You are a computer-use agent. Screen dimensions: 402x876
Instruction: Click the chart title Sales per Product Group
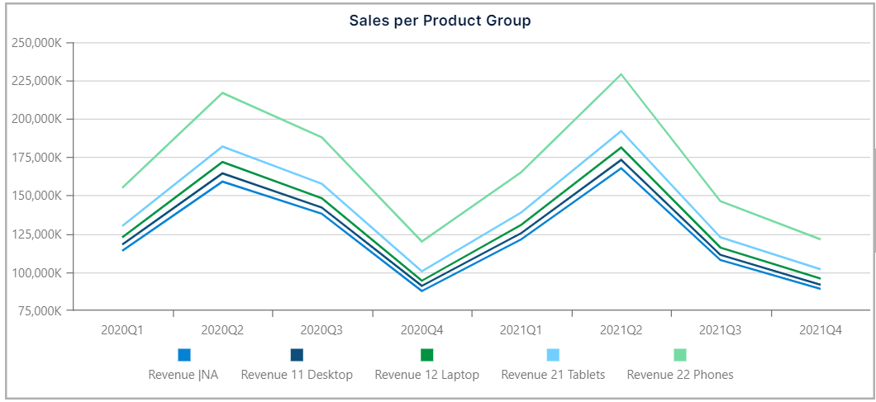click(x=440, y=21)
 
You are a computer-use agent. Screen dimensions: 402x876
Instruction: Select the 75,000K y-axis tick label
click(x=37, y=311)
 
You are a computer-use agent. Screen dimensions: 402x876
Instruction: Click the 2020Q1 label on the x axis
click(x=122, y=329)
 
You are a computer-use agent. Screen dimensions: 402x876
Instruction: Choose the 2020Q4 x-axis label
click(x=422, y=329)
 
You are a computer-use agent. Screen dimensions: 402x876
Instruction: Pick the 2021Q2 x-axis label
click(x=621, y=329)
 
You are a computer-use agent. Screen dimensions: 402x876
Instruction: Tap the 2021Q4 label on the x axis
click(x=821, y=329)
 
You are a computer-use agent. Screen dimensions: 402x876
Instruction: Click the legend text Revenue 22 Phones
click(x=680, y=374)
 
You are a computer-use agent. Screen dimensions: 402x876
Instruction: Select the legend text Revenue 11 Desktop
click(x=297, y=374)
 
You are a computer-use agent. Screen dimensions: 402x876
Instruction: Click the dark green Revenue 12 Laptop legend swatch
click(x=427, y=355)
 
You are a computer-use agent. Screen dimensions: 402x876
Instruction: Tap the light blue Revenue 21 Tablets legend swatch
click(x=554, y=355)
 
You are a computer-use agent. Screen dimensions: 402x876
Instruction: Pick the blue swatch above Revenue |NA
click(x=184, y=355)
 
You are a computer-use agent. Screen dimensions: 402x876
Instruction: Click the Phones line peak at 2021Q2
click(x=621, y=74)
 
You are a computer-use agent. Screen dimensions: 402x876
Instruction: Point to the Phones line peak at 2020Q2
click(x=222, y=92)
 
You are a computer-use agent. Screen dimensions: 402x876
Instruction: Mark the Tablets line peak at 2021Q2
click(x=621, y=130)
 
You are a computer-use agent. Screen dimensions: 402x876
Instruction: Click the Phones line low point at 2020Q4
click(x=422, y=241)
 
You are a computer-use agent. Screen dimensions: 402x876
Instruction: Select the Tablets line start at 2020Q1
click(x=122, y=225)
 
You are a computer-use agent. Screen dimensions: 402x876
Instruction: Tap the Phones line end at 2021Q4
click(x=820, y=239)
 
